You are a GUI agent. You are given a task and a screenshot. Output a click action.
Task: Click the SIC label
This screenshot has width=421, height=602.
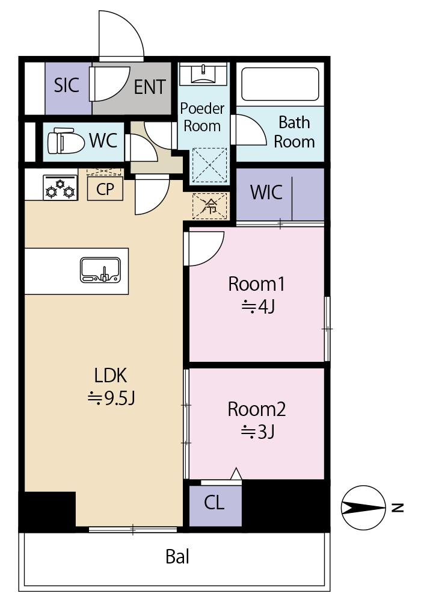(66, 85)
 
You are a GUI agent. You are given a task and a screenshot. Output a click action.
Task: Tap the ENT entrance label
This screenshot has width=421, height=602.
(150, 87)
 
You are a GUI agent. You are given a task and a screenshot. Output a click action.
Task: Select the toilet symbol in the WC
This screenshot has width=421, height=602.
(66, 141)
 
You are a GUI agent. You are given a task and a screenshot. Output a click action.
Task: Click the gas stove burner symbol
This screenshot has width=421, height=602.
(60, 187)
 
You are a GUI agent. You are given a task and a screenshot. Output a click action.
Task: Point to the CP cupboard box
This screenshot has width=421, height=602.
(105, 188)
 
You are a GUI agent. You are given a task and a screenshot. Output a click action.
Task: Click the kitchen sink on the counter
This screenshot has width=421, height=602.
(100, 270)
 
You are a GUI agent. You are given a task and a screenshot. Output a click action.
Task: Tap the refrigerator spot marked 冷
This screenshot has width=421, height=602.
(210, 206)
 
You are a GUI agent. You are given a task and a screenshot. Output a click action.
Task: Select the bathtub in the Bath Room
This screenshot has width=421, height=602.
(280, 84)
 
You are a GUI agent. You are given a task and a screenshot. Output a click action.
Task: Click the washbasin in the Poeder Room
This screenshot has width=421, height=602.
(203, 73)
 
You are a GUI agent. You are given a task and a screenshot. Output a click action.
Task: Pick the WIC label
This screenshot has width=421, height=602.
(266, 192)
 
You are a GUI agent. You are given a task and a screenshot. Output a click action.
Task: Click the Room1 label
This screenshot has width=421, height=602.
(257, 284)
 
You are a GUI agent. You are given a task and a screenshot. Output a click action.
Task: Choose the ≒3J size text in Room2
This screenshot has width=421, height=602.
(257, 432)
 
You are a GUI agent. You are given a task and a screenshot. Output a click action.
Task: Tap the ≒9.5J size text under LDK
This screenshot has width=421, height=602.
(111, 398)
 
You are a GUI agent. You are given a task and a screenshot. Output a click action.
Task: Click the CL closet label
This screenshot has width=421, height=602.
(214, 503)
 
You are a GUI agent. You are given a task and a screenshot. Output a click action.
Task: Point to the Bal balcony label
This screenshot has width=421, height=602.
(177, 556)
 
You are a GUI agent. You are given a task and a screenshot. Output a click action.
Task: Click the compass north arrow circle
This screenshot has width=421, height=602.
(363, 508)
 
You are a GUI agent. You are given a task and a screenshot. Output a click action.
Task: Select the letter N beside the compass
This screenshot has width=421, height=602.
(398, 508)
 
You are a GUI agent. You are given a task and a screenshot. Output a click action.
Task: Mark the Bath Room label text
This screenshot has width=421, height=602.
(294, 132)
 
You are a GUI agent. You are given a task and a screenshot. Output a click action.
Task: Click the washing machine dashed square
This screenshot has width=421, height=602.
(210, 166)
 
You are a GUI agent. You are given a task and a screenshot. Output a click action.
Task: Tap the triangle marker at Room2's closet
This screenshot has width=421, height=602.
(236, 474)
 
